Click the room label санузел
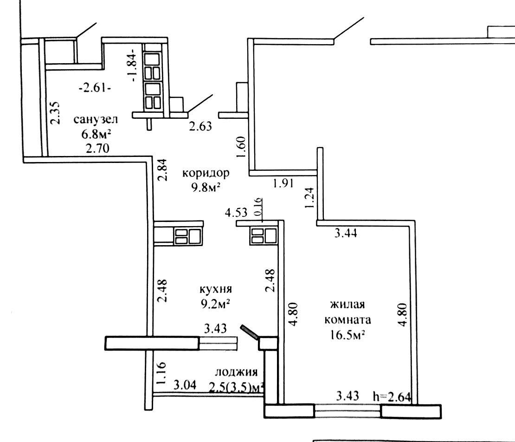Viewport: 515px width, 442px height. pos(96,119)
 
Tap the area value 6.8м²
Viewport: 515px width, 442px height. pos(96,134)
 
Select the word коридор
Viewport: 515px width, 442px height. pos(206,173)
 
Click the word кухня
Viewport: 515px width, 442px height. pos(216,289)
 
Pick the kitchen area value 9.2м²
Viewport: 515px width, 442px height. pos(215,304)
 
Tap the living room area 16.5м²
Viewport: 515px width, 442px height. pos(348,335)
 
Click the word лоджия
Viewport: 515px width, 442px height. pos(236,372)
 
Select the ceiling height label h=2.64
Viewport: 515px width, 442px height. pos(392,396)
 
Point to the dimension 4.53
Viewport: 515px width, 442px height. pos(236,212)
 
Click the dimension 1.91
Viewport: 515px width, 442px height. pos(283,183)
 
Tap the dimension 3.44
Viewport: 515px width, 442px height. pos(346,234)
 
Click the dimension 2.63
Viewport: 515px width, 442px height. pos(200,126)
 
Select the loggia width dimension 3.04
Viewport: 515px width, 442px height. pos(185,384)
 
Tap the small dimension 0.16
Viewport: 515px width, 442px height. pos(258,206)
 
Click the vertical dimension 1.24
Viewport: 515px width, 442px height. pos(309,198)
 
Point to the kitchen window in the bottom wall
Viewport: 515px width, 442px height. pos(218,344)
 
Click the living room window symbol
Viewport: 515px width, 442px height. pos(348,411)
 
